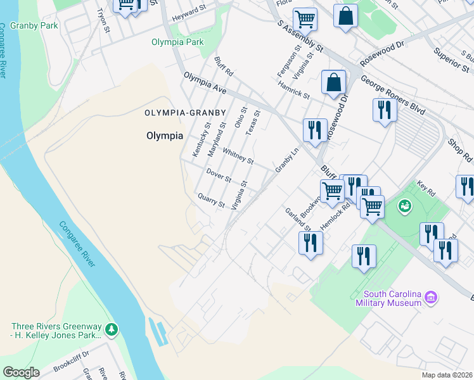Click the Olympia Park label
click(x=177, y=42)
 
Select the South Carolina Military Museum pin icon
click(x=432, y=296)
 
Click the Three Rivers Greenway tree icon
click(x=112, y=329)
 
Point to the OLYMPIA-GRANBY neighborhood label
click(x=184, y=113)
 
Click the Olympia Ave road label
click(x=205, y=84)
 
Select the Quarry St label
click(x=211, y=201)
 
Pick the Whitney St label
click(x=238, y=156)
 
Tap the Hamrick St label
click(x=293, y=89)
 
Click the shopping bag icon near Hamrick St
click(x=333, y=82)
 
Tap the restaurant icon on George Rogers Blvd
click(x=384, y=110)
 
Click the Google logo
click(x=22, y=372)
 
